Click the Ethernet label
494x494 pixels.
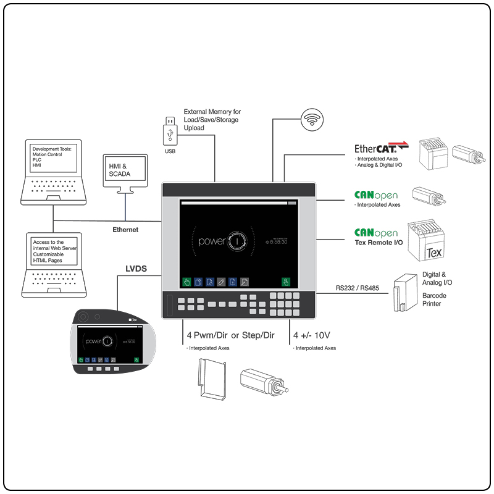coord(125,230)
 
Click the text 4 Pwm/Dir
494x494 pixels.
coord(207,335)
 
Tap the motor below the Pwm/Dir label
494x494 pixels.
coord(264,382)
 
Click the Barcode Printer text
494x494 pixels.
coord(433,299)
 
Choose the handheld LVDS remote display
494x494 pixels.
coord(108,341)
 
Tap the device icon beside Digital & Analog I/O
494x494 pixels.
coord(404,291)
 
